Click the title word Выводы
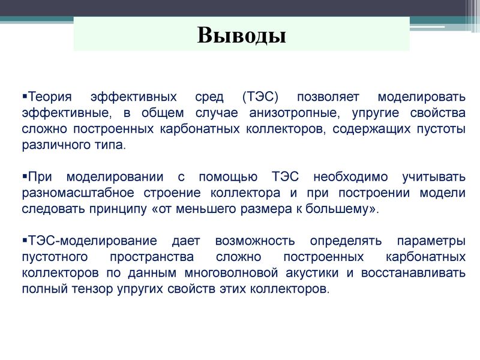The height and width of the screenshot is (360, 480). [242, 35]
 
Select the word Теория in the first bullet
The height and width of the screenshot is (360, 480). [50, 97]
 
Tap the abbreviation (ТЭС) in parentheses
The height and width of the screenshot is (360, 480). [260, 97]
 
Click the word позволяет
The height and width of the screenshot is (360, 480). [328, 97]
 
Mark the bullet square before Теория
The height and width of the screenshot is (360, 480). [25, 96]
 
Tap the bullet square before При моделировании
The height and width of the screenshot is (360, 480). [25, 176]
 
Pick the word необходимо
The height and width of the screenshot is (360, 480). [350, 177]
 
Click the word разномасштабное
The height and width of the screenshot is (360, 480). [78, 193]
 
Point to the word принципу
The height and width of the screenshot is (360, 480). [118, 209]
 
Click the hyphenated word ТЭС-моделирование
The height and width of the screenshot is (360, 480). [92, 241]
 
